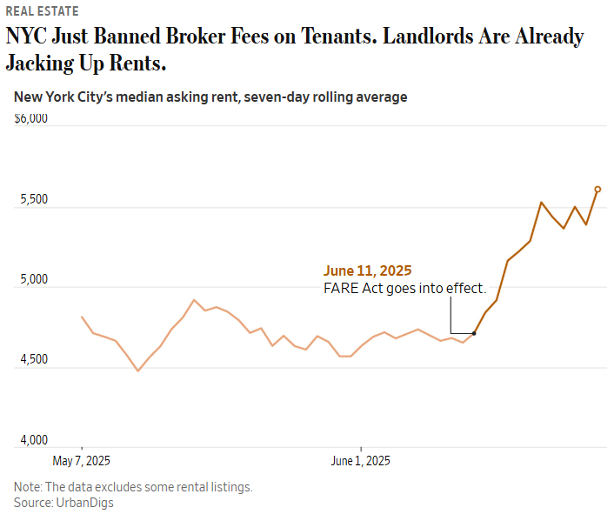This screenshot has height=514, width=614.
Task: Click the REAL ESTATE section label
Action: click(x=42, y=11)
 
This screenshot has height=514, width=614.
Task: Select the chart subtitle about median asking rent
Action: click(x=210, y=97)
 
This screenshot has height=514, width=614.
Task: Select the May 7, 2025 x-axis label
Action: click(x=82, y=460)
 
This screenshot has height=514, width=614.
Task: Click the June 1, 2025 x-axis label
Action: click(x=360, y=460)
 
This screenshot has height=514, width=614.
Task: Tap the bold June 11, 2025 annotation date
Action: click(x=367, y=270)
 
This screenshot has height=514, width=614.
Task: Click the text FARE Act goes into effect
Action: click(x=404, y=288)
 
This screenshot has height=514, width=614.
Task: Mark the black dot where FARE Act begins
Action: click(x=474, y=333)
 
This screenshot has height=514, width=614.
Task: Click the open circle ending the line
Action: click(x=597, y=189)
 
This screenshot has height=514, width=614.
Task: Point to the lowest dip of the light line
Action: click(x=137, y=370)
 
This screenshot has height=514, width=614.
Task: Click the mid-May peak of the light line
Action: click(x=194, y=300)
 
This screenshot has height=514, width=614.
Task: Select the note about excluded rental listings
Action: click(x=133, y=487)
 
